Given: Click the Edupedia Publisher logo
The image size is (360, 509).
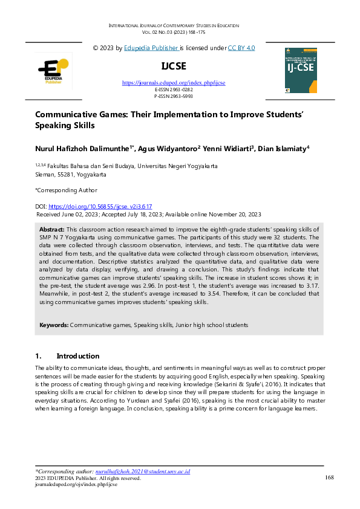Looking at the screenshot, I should pos(54,70).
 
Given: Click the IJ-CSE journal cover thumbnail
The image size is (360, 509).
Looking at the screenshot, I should pos(300,70).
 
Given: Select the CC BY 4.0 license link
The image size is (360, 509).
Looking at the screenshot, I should pos(241,47).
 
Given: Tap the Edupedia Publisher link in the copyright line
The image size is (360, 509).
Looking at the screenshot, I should pos(151,47).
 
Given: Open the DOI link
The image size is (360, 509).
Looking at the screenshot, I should pos(100,206).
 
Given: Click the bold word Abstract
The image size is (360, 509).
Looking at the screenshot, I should pos(51,230).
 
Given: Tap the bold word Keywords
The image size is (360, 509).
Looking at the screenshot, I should pos(53,325).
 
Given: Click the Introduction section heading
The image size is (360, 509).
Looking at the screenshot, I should pos(77,356).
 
